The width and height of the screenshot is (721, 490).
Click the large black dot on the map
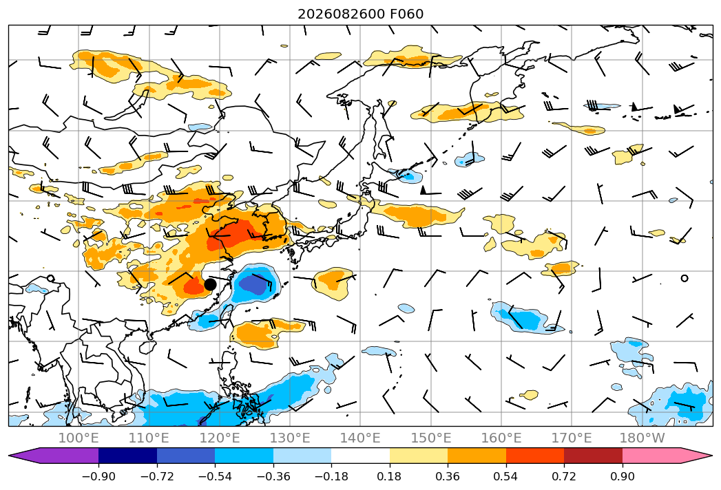(x=210, y=284)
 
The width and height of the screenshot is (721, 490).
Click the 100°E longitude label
(x=79, y=438)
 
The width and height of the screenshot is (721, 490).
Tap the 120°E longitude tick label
(x=220, y=438)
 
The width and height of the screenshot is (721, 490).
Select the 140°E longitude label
(x=360, y=438)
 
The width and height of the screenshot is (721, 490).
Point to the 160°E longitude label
(x=501, y=438)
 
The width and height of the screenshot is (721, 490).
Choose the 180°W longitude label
(x=642, y=438)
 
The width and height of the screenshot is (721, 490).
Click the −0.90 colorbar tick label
(x=98, y=476)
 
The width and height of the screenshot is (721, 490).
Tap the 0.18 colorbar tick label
(x=390, y=476)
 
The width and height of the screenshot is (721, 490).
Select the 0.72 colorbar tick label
(x=564, y=476)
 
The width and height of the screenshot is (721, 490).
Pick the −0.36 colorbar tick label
(x=273, y=476)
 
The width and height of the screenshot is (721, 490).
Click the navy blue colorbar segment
(x=128, y=455)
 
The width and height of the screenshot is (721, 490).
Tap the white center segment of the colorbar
(x=361, y=455)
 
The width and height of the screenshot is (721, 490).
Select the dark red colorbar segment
(x=593, y=455)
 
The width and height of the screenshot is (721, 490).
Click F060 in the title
(x=406, y=14)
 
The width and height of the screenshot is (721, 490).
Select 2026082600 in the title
(x=341, y=14)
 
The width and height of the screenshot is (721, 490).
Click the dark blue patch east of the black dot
(x=253, y=284)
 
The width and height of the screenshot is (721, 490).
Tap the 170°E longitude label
(x=572, y=438)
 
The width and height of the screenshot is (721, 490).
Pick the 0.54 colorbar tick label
(x=506, y=476)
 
